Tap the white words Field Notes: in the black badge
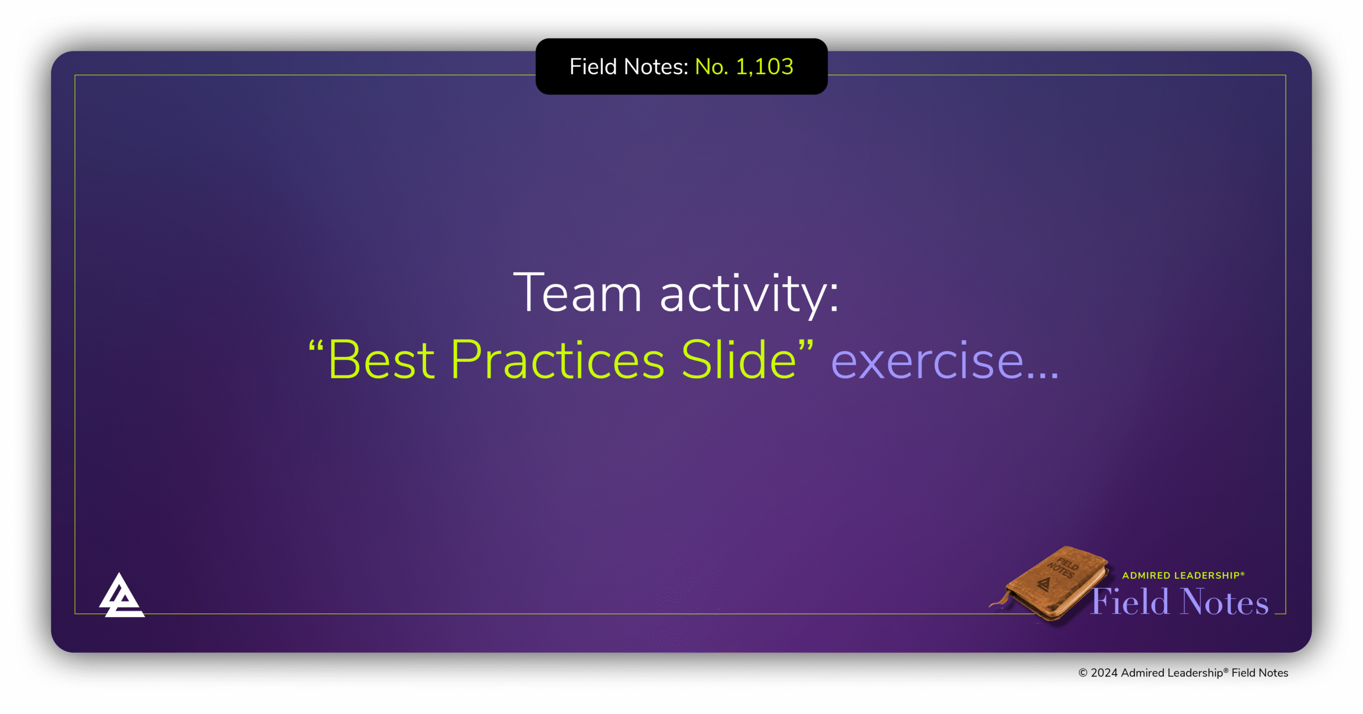click(x=629, y=67)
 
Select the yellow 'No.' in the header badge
click(x=711, y=67)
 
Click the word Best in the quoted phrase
click(x=381, y=361)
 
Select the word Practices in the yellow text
click(x=557, y=361)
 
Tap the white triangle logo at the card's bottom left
click(x=121, y=596)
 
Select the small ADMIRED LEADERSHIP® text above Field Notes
click(x=1183, y=575)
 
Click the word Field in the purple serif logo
click(x=1130, y=602)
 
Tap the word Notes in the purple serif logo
click(x=1224, y=602)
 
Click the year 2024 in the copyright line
click(x=1104, y=673)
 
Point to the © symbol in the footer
click(x=1082, y=673)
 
